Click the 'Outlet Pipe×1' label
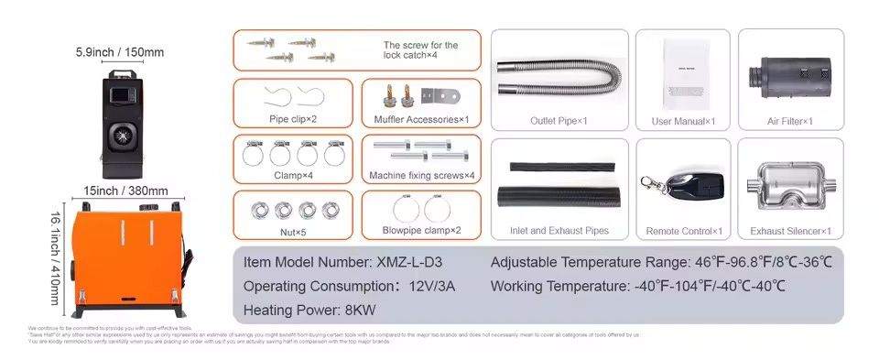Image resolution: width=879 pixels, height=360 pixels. (x=559, y=121)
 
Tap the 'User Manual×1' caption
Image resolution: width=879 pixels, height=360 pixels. (x=683, y=121)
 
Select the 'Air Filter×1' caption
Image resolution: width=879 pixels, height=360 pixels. (x=790, y=121)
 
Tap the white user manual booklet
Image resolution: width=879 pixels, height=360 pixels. (x=684, y=67)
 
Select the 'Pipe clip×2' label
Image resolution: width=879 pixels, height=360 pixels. (x=293, y=119)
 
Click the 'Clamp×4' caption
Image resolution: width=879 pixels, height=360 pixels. (x=293, y=174)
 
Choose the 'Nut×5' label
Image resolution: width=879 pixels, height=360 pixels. (x=293, y=232)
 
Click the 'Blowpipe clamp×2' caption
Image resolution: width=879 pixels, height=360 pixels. (x=421, y=230)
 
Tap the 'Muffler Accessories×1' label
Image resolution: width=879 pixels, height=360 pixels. (x=421, y=119)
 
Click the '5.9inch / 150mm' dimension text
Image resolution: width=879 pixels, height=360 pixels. (x=119, y=52)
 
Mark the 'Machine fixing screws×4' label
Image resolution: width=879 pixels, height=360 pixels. (x=421, y=175)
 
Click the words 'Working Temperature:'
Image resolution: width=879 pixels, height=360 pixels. (x=559, y=286)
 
